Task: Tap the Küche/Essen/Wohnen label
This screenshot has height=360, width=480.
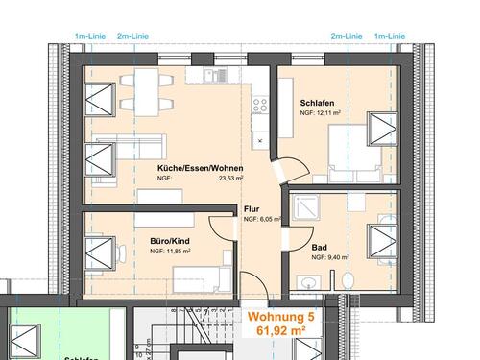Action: click(201, 168)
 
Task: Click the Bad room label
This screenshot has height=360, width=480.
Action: click(320, 247)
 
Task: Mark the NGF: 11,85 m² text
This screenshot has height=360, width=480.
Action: click(171, 252)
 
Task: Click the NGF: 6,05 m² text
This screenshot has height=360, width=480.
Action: click(262, 219)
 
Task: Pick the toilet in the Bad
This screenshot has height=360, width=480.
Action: click(347, 279)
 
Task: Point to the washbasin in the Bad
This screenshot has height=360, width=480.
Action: click(309, 281)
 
